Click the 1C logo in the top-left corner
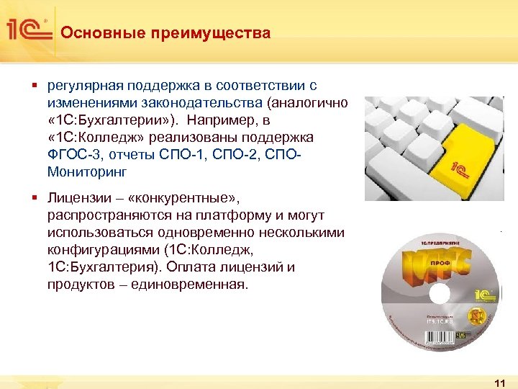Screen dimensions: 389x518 pyautogui.click(x=28, y=30)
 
